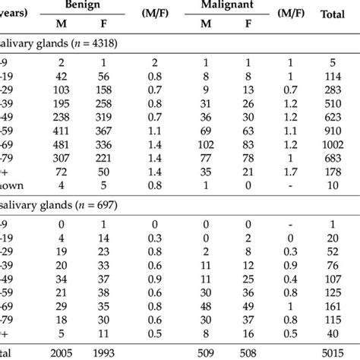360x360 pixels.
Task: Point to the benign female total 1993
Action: [120, 352]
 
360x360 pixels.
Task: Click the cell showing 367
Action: [120, 128]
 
